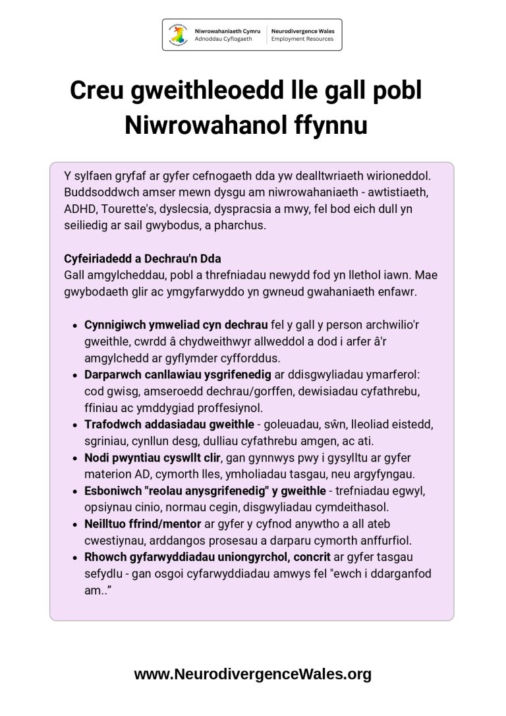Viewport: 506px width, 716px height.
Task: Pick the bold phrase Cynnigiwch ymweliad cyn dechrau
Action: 176,325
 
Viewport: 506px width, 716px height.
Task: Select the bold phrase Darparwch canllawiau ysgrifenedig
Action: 177,374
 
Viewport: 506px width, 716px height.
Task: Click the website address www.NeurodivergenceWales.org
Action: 253,674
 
